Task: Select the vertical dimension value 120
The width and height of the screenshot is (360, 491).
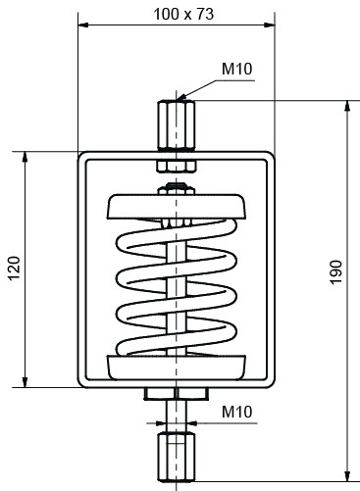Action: pyautogui.click(x=13, y=267)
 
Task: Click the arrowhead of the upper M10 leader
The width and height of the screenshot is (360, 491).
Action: pyautogui.click(x=184, y=96)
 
